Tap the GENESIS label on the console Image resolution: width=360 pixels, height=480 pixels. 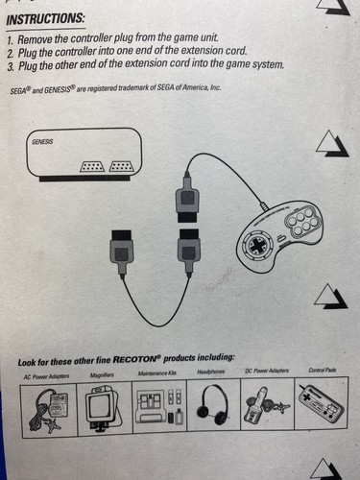[43, 140]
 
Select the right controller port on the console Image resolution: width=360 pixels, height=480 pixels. [121, 167]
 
